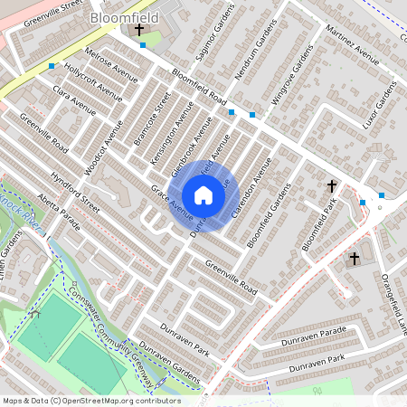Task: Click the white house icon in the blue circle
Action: coord(203,195)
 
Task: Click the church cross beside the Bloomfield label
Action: coord(139,31)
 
